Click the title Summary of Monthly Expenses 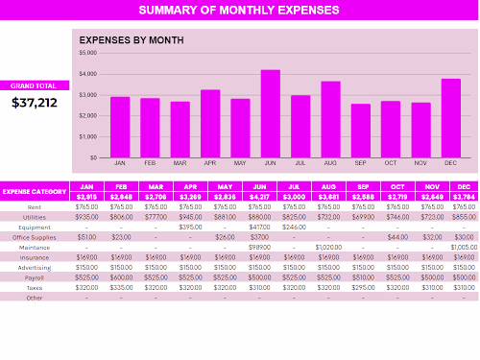coord(239,11)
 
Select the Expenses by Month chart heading coord(131,41)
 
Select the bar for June coord(270,113)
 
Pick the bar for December coord(450,118)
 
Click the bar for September coord(360,131)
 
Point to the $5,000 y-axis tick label coord(87,53)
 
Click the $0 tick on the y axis coord(93,157)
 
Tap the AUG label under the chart coord(330,162)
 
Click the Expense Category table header coord(35,192)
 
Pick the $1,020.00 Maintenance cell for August coord(328,247)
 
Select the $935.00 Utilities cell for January coord(87,216)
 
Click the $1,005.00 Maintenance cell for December coord(463,247)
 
